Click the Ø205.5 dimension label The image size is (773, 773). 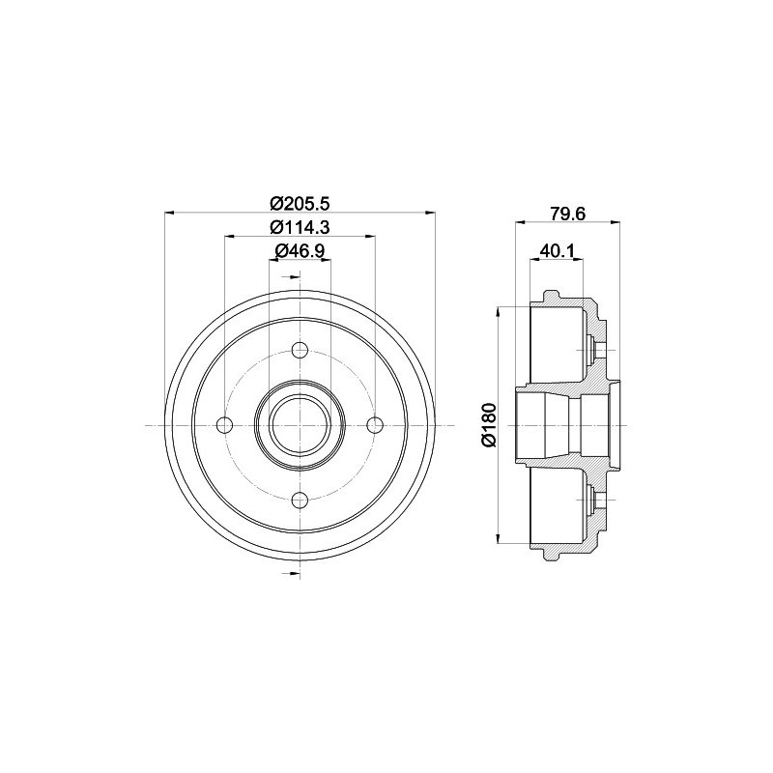pyautogui.click(x=300, y=203)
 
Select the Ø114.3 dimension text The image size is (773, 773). pyautogui.click(x=300, y=227)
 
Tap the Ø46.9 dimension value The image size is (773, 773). pyautogui.click(x=300, y=251)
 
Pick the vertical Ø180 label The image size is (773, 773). pyautogui.click(x=490, y=425)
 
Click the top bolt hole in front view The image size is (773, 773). pyautogui.click(x=300, y=350)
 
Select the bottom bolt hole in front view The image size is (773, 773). pyautogui.click(x=300, y=501)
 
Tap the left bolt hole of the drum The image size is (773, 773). pyautogui.click(x=225, y=425)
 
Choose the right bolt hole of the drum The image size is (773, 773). pyautogui.click(x=375, y=425)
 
